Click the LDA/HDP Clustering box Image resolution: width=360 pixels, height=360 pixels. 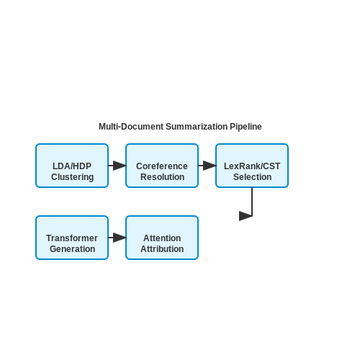click(72, 166)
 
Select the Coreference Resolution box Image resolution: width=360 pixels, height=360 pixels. click(162, 166)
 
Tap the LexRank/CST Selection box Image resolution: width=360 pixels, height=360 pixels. click(252, 166)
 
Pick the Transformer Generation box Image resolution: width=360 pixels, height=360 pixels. click(72, 238)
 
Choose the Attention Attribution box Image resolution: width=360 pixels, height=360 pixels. click(162, 238)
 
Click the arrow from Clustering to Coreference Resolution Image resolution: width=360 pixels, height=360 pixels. click(117, 166)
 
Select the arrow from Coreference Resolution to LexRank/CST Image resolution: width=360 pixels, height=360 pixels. click(207, 166)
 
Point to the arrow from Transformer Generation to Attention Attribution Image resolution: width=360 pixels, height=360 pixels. click(117, 238)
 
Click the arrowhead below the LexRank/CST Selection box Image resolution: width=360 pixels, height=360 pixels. click(246, 216)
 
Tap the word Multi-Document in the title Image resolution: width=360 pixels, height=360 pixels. click(131, 127)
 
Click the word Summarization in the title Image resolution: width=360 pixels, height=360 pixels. click(197, 127)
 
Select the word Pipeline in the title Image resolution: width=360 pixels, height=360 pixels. click(246, 127)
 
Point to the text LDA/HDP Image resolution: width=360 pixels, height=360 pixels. click(72, 166)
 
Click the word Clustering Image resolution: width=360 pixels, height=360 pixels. click(72, 177)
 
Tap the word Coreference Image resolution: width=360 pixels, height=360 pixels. click(162, 166)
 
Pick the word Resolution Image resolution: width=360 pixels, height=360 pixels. click(163, 177)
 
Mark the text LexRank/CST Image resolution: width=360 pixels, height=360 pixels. click(252, 166)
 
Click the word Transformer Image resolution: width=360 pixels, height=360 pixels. click(72, 238)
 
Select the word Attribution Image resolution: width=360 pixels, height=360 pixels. click(162, 249)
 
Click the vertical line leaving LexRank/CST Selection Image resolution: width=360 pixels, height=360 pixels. click(252, 202)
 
